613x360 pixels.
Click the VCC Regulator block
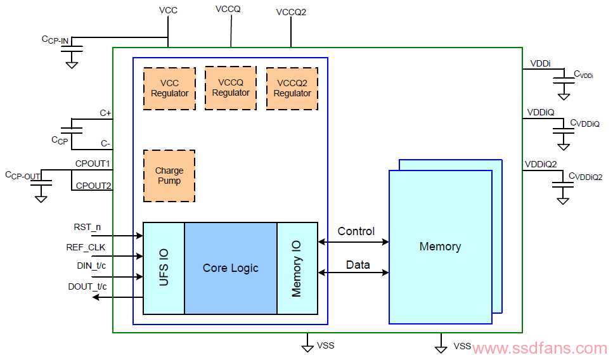click(x=170, y=89)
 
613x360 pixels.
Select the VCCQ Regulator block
click(x=231, y=88)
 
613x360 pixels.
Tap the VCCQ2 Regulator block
click(x=292, y=89)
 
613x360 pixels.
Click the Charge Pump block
click(x=169, y=176)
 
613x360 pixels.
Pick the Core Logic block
click(x=231, y=268)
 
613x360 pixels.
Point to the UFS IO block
click(x=164, y=268)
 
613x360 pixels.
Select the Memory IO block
click(x=297, y=268)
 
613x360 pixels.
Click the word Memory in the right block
click(x=440, y=247)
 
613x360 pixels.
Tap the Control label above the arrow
click(x=356, y=231)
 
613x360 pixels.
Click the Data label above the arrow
click(x=358, y=265)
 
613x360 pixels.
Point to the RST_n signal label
click(x=87, y=227)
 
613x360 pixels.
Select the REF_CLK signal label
click(x=86, y=247)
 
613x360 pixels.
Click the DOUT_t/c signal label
click(x=87, y=286)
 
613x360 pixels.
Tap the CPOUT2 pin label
click(x=93, y=186)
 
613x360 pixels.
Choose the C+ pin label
click(x=106, y=113)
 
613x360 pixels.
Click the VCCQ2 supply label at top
click(x=291, y=12)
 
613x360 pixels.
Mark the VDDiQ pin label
click(x=541, y=113)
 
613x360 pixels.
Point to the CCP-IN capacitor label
click(x=55, y=40)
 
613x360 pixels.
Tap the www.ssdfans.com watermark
click(x=539, y=348)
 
